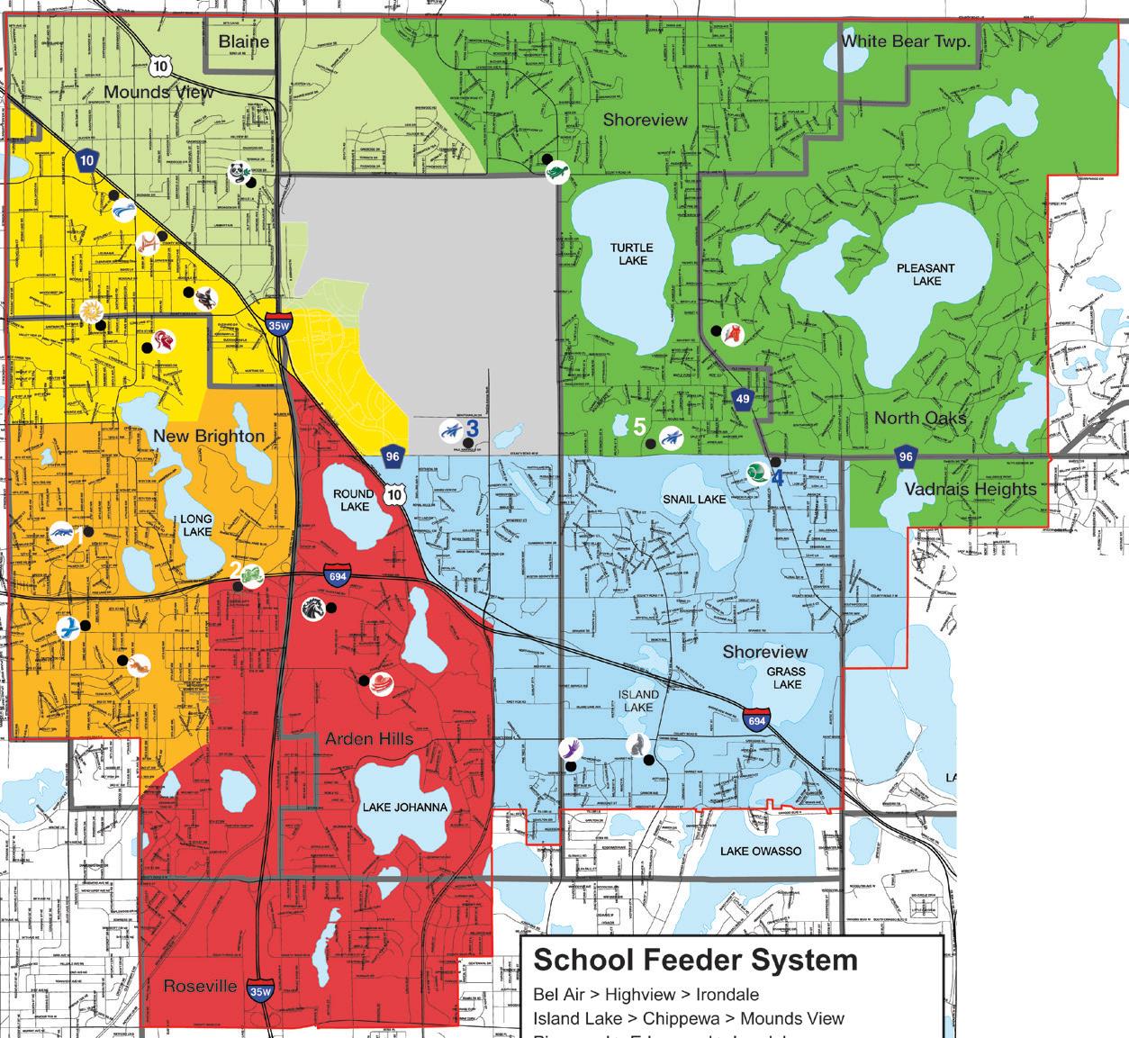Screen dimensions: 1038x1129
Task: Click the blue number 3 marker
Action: coord(471,429)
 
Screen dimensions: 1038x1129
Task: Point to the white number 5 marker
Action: coord(639,427)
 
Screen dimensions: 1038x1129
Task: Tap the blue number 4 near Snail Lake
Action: coord(776,477)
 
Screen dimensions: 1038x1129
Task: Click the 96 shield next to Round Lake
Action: coord(393,456)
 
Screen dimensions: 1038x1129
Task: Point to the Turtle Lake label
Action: coord(630,254)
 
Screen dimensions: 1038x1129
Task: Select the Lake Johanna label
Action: coord(404,808)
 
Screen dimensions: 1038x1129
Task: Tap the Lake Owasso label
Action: coord(760,851)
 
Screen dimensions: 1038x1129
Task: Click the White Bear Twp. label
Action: coord(906,41)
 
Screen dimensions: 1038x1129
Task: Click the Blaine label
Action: coord(244,41)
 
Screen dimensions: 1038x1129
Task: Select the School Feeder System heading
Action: coord(695,961)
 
